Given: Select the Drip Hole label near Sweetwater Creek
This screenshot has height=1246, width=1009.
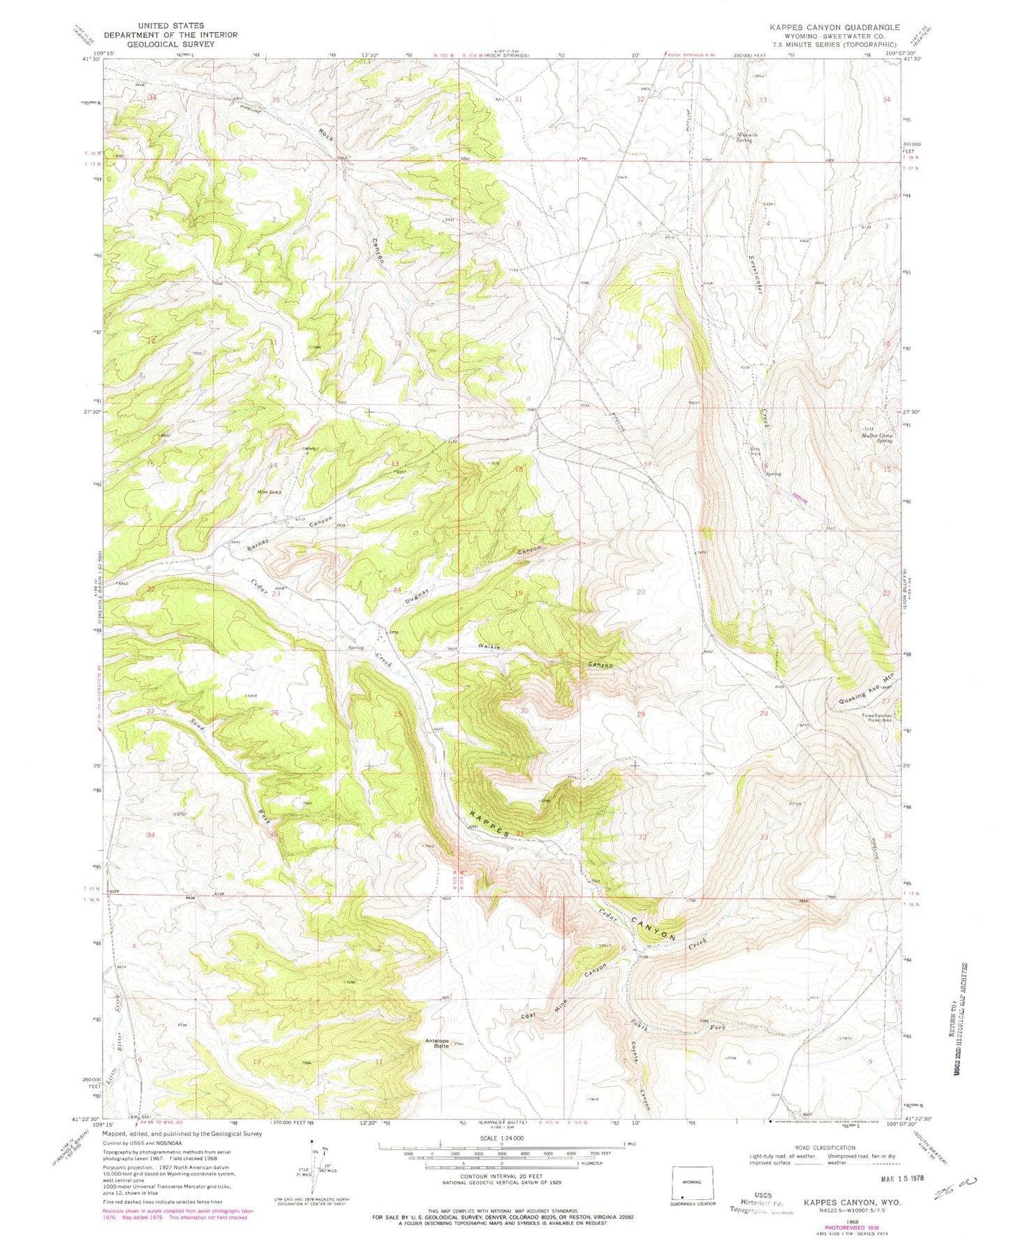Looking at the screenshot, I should point(755,452).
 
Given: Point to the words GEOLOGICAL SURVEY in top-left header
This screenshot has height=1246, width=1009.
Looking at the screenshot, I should point(172,44).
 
